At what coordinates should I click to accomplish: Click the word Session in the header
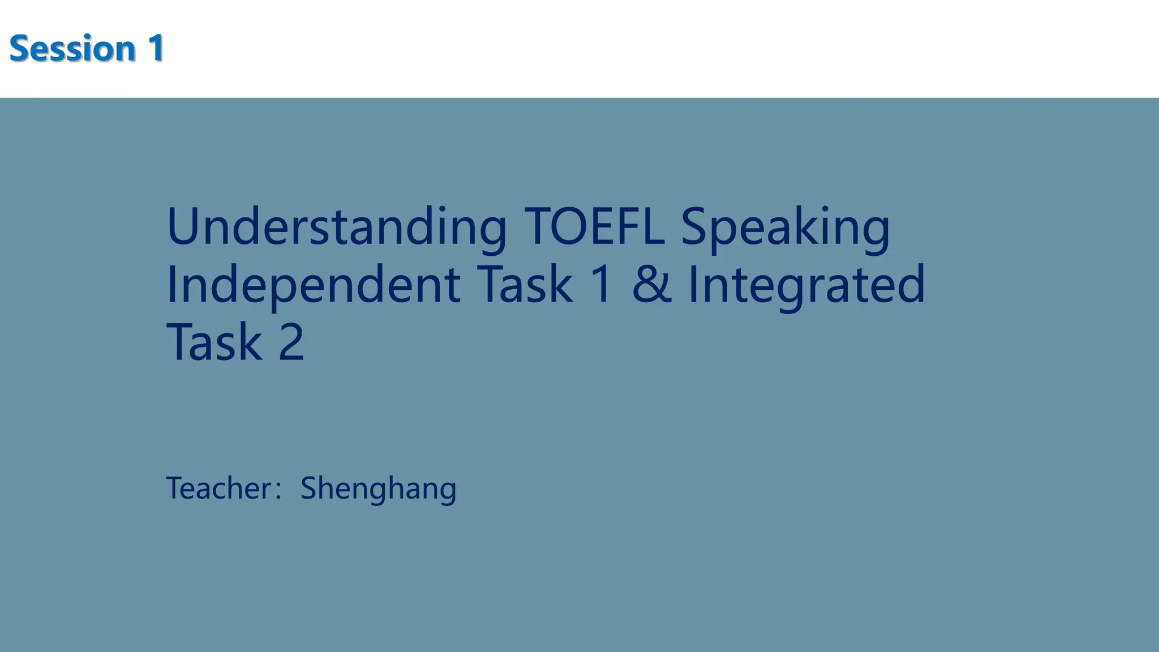click(72, 48)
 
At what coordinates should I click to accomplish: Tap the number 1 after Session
click(156, 48)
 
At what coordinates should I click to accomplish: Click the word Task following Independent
click(525, 285)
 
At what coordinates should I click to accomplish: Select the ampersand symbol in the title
click(651, 285)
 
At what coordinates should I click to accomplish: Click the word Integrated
click(806, 285)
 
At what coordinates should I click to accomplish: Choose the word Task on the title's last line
click(214, 342)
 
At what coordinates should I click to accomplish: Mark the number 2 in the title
click(291, 342)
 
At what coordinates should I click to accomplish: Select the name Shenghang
click(378, 488)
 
